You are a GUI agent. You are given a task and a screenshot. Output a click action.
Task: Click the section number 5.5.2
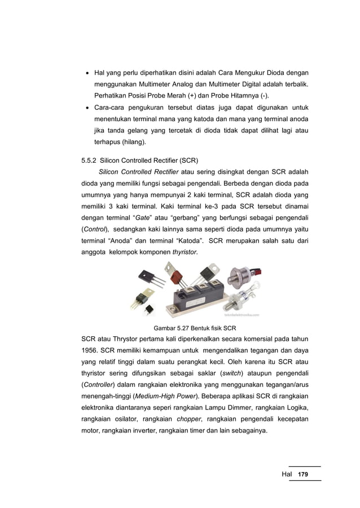coord(90,159)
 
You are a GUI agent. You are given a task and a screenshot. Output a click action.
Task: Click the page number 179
coord(304,474)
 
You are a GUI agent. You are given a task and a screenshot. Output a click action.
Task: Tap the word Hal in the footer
coord(288,474)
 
